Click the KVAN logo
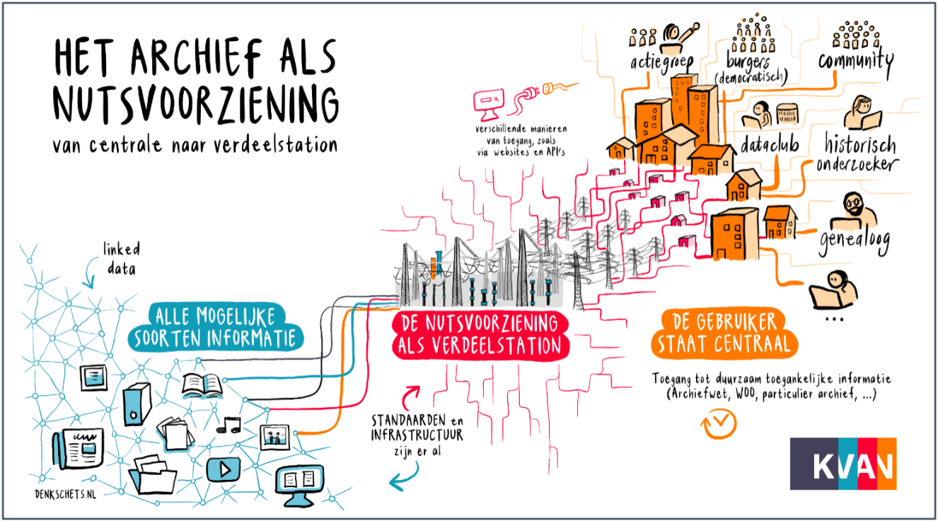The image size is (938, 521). click(x=843, y=463)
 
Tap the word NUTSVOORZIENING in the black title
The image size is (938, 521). click(x=195, y=105)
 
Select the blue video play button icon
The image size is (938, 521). click(x=224, y=469)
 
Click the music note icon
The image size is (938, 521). click(x=228, y=425)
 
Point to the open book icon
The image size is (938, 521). click(x=202, y=385)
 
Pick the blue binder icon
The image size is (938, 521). click(x=137, y=404)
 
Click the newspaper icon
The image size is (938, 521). click(x=79, y=448)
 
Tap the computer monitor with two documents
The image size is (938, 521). click(x=300, y=484)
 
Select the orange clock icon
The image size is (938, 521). click(x=719, y=424)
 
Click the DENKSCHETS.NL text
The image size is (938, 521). click(x=65, y=494)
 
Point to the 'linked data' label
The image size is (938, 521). click(x=122, y=259)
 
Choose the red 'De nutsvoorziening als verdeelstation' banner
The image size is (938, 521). click(x=480, y=335)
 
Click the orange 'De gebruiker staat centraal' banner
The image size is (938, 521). click(x=724, y=334)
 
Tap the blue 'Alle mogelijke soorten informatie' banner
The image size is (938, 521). click(x=215, y=327)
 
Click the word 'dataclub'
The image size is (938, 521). click(x=770, y=144)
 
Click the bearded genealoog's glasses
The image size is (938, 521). click(x=853, y=203)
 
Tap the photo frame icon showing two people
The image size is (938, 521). click(x=274, y=438)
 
